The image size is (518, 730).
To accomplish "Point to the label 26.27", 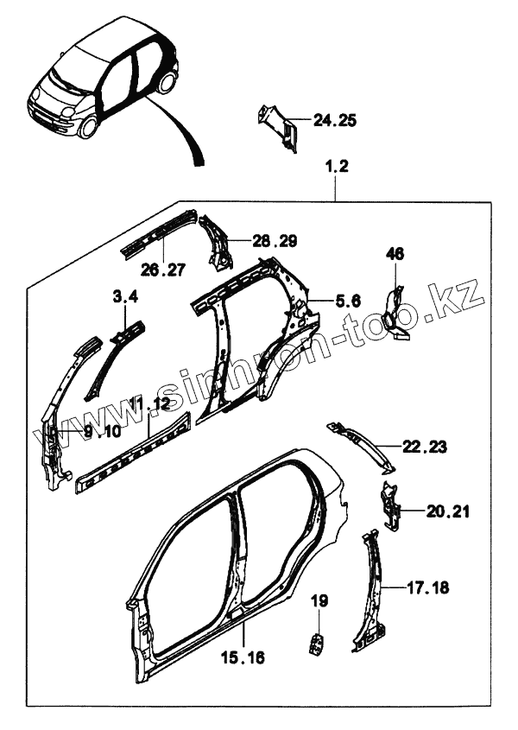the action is coord(162,270).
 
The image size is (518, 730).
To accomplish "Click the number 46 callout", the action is coord(395,253).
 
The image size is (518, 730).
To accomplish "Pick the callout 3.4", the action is coord(125,298).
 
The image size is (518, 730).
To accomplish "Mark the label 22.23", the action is coord(423,447).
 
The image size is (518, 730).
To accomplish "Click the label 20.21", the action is coord(447,511).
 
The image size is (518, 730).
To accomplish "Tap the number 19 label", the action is coord(319,600).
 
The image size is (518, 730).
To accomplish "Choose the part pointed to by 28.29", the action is coord(217,240).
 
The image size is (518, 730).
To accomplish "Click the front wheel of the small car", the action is coord(86,128).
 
